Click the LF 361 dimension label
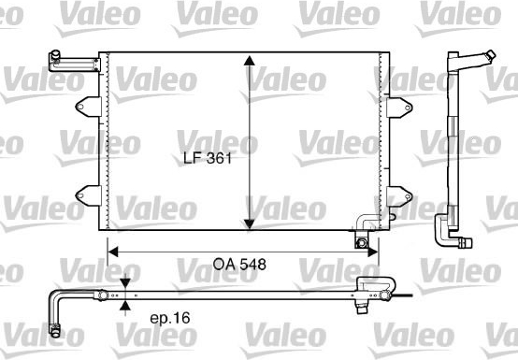click(208, 158)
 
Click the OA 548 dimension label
click(239, 265)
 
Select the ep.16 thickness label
click(170, 318)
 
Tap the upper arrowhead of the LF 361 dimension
click(250, 61)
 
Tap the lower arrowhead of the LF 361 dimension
click(250, 224)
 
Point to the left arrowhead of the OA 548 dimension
click(113, 252)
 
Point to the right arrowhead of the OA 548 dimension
click(373, 252)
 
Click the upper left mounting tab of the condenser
click(89, 107)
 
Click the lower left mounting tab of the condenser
click(89, 195)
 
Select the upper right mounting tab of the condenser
click(399, 108)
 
